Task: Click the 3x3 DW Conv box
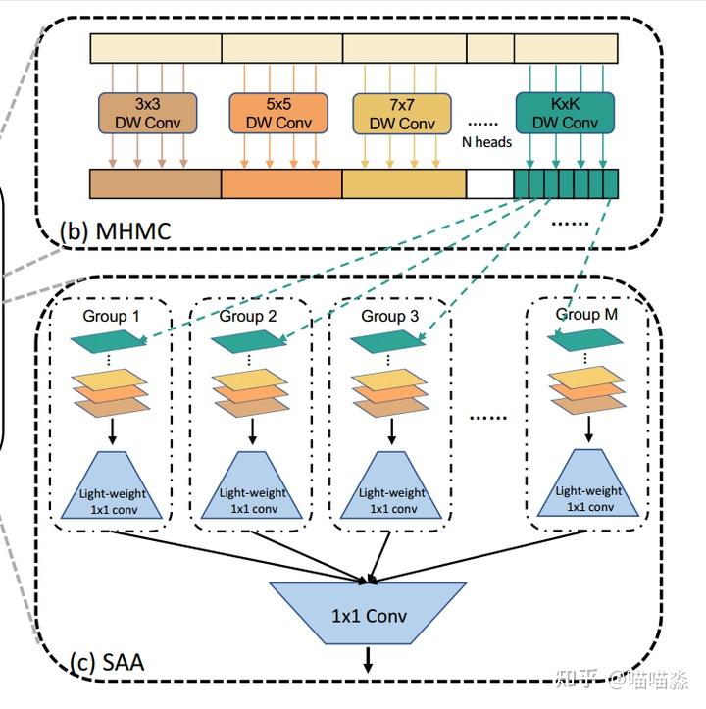pos(147,113)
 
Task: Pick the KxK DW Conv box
pos(565,113)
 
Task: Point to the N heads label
pos(486,142)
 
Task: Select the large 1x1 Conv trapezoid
pos(368,616)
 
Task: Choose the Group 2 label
pos(248,316)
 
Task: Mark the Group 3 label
pos(389,316)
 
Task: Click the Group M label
pos(587,314)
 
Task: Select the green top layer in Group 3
pos(390,342)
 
